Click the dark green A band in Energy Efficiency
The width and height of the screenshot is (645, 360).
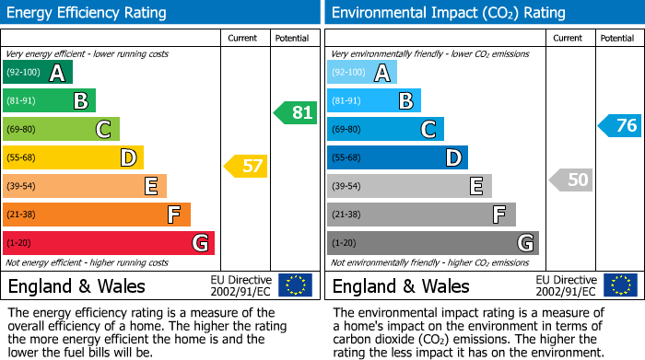click(37, 73)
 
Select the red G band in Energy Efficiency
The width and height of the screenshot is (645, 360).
click(108, 243)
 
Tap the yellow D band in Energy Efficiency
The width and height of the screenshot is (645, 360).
click(73, 157)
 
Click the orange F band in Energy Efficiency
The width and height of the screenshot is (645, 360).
click(96, 215)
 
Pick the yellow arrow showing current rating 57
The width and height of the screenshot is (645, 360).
click(245, 167)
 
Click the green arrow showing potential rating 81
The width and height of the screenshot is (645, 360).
click(295, 113)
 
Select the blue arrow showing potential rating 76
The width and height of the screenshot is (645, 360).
click(619, 126)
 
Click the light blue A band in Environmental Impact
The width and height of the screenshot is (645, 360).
click(361, 73)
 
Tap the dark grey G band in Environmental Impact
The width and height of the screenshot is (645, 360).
click(432, 243)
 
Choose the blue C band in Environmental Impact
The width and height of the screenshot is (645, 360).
click(385, 129)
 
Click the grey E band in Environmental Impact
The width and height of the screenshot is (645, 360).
click(409, 186)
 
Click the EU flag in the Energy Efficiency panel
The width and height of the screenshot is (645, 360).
click(295, 285)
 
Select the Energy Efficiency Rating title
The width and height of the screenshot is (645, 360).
click(87, 13)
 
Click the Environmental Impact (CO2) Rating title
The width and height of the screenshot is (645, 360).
click(448, 13)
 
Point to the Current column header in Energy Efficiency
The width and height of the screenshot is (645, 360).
click(244, 38)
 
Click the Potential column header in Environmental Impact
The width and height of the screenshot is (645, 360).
click(616, 38)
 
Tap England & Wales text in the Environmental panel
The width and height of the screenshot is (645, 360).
click(400, 286)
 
